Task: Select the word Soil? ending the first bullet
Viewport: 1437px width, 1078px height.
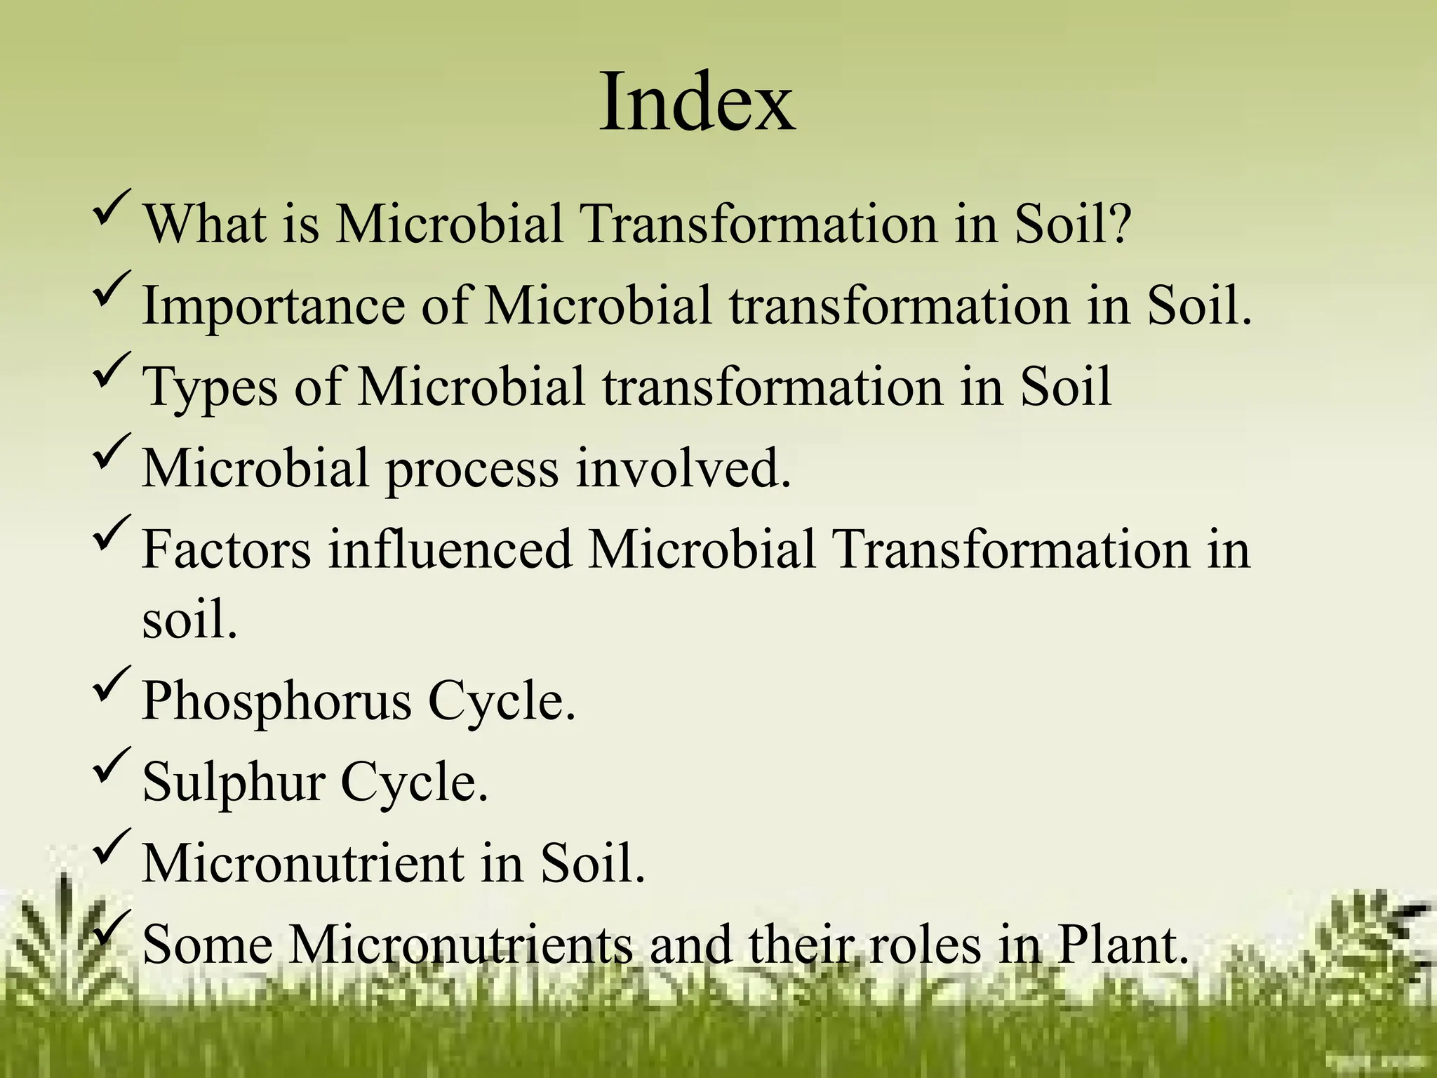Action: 1074,223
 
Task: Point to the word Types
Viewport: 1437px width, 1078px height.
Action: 209,387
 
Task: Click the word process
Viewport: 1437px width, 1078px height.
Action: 472,468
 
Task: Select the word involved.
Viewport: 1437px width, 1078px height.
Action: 683,468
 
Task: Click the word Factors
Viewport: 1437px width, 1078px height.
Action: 226,549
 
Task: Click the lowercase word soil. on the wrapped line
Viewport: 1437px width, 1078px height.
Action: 189,620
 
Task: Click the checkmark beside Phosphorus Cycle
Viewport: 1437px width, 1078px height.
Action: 111,684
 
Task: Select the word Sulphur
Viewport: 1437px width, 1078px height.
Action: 233,782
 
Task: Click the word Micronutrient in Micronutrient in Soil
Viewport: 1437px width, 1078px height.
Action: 303,863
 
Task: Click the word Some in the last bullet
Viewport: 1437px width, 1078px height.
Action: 207,945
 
